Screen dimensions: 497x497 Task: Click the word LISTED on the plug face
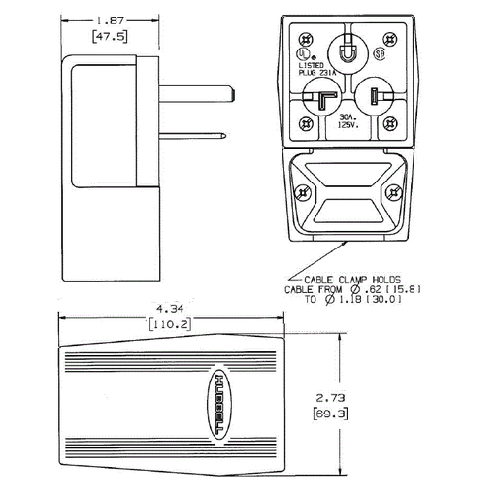point(313,65)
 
